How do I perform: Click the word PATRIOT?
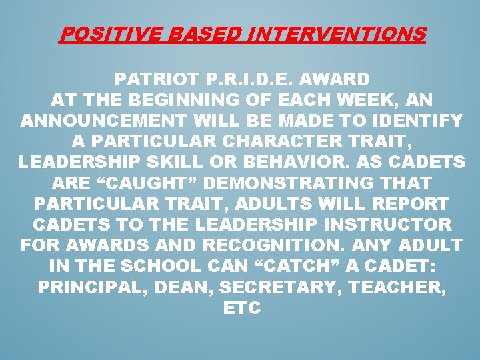(x=155, y=80)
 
